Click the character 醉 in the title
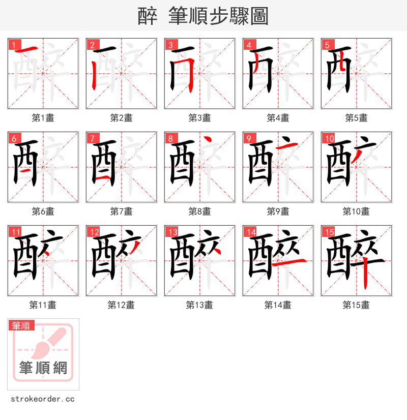tap(148, 16)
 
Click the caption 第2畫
tap(121, 118)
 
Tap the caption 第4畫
tap(278, 118)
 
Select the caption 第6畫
tap(43, 212)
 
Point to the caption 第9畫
tap(278, 212)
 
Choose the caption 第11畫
tap(43, 305)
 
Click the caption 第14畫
tap(278, 305)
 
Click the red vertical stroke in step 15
tap(366, 275)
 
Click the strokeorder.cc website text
tap(43, 399)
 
